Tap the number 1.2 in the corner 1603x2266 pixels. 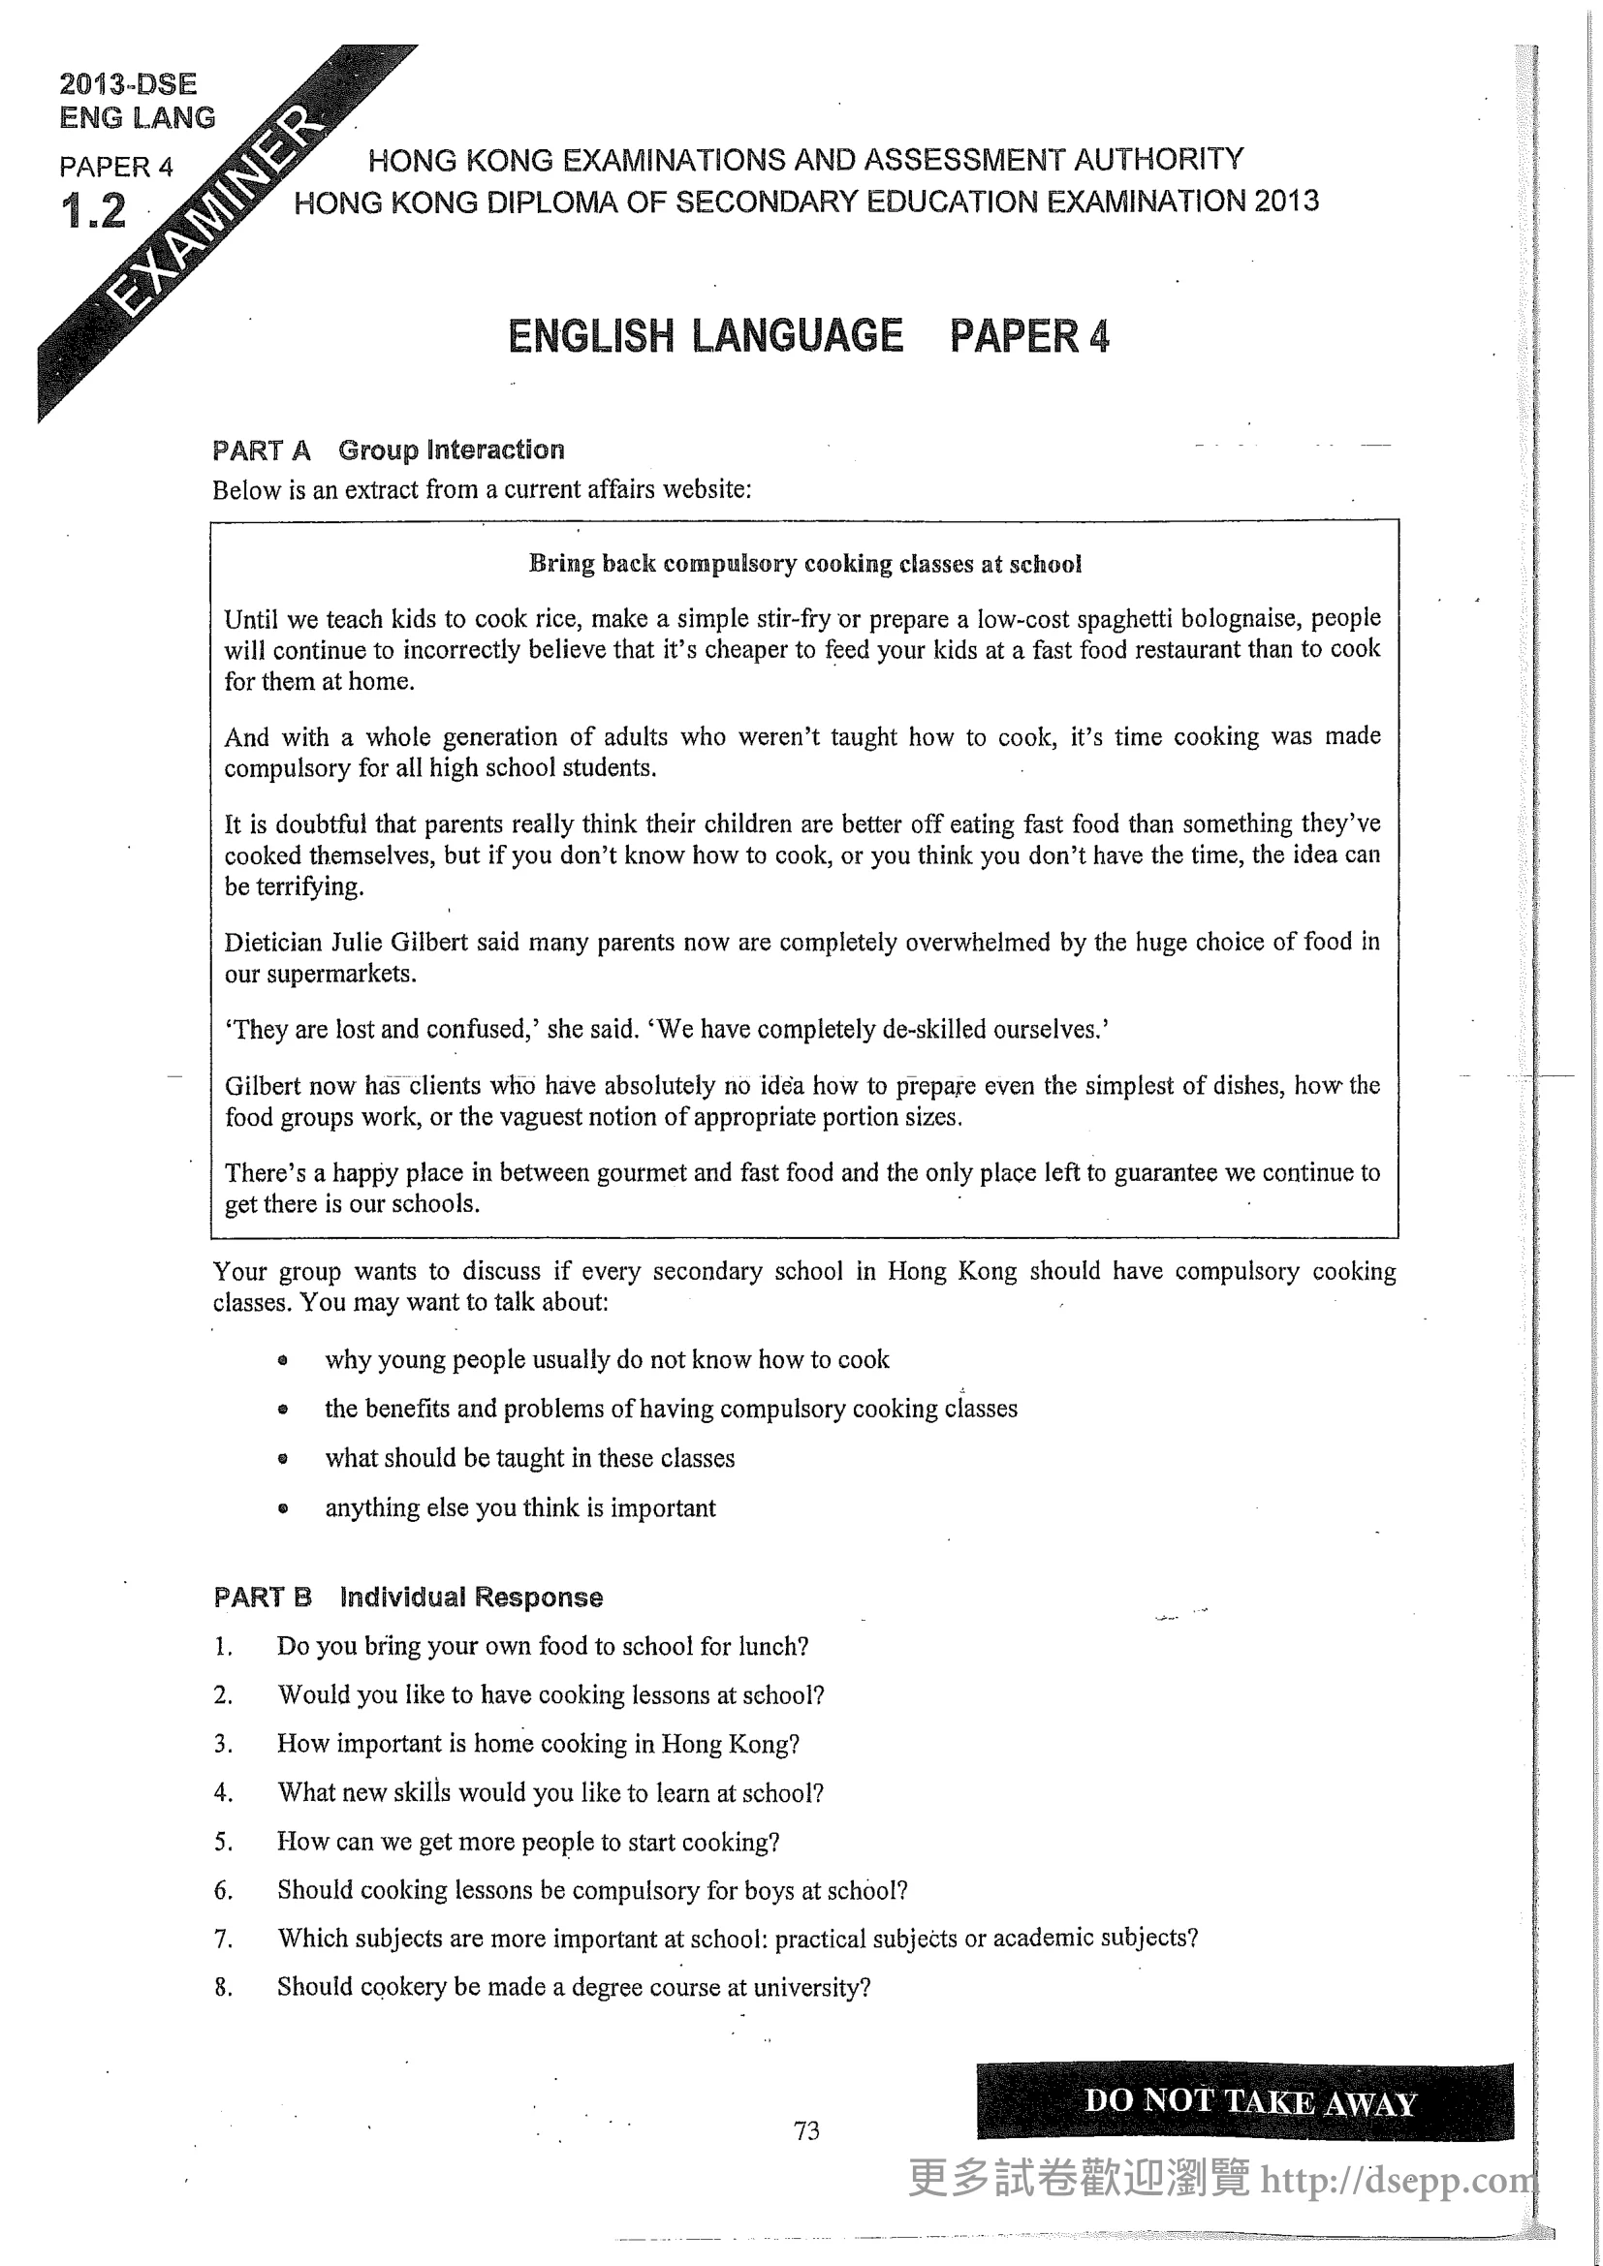(x=94, y=211)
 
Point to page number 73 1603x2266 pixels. (x=805, y=2130)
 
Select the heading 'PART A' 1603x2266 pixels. (x=262, y=451)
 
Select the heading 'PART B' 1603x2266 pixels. (x=263, y=1597)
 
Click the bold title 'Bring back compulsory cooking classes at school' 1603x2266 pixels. (x=805, y=564)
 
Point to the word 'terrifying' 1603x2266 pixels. (x=309, y=886)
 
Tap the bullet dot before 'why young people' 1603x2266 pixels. (x=283, y=1361)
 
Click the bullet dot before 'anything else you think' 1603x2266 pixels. (x=283, y=1509)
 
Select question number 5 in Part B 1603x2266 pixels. (x=223, y=1842)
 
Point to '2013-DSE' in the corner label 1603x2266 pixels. (x=128, y=84)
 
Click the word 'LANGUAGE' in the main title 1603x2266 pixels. (x=797, y=336)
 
